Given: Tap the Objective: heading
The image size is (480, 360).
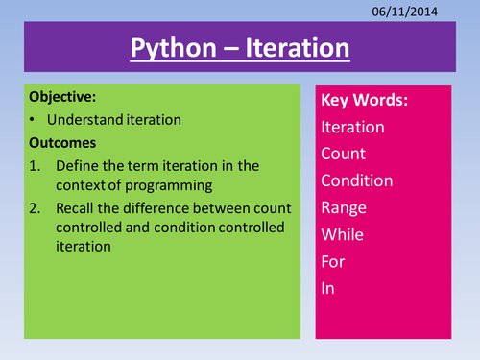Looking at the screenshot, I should pos(65,97).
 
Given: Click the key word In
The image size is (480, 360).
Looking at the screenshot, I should pos(329,288).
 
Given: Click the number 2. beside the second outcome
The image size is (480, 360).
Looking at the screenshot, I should pos(36,209).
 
